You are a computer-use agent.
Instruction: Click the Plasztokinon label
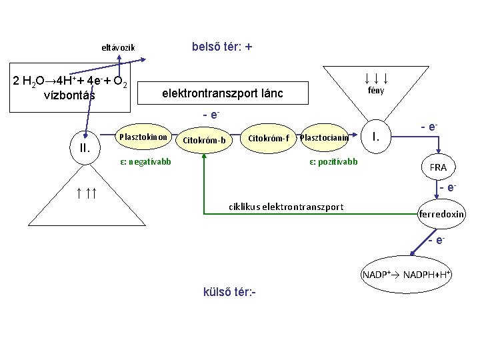coord(143,137)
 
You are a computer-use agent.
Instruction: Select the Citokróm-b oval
coord(203,140)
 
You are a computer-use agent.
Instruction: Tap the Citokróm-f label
coord(268,138)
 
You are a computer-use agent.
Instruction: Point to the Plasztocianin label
coord(325,138)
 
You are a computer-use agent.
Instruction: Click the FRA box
coord(438,167)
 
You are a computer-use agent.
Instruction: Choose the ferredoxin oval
coord(441,214)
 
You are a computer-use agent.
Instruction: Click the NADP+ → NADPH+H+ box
coord(407,275)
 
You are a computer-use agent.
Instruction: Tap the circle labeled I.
coord(377,137)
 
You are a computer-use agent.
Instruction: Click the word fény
coord(376,91)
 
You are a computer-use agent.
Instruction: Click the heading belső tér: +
coord(222,47)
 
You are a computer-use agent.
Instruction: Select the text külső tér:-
coord(229,293)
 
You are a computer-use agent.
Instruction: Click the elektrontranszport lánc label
coord(222,94)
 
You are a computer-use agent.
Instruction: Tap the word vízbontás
coord(69,95)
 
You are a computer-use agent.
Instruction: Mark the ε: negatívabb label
coord(145,161)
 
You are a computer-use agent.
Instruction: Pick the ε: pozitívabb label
coord(333,161)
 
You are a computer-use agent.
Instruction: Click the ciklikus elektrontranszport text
coord(286,207)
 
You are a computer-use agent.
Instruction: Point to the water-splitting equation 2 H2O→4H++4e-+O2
coord(71,82)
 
